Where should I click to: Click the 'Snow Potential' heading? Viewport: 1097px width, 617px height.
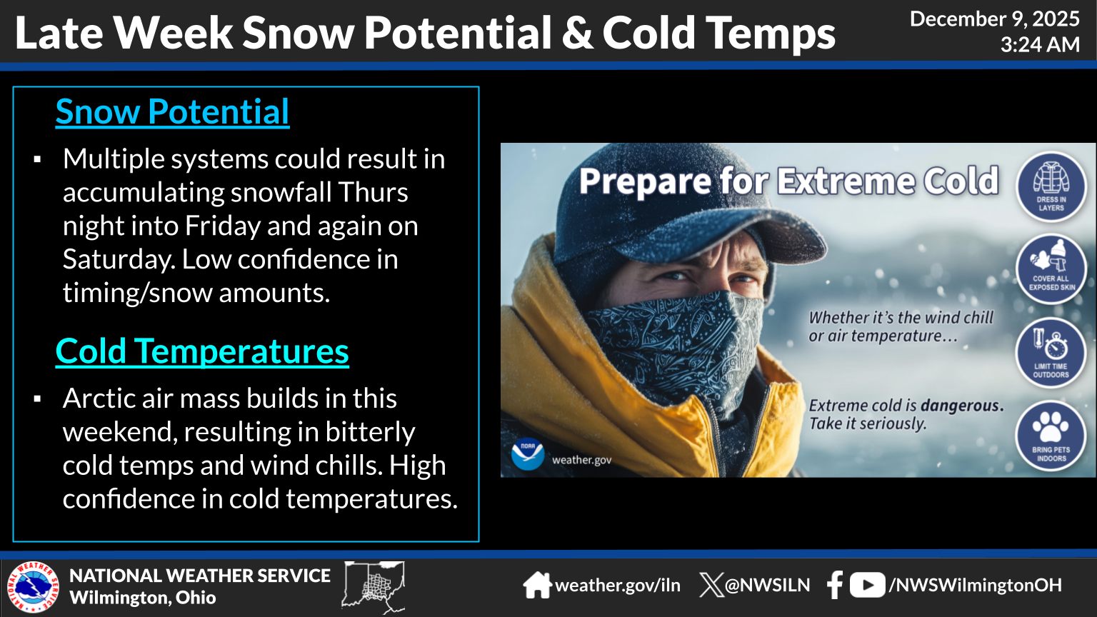(x=172, y=112)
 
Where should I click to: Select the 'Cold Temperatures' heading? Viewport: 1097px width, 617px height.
(x=202, y=351)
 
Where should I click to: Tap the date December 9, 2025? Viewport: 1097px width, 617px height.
(x=995, y=19)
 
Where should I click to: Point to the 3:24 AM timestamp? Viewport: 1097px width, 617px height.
(x=1040, y=45)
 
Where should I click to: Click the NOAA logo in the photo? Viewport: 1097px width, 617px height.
(x=528, y=454)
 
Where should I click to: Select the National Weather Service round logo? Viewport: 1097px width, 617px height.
(x=34, y=587)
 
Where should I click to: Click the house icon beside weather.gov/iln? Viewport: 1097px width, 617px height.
(x=537, y=585)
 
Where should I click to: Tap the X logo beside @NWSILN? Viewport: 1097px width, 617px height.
(x=711, y=585)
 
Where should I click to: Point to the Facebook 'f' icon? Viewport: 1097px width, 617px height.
(x=834, y=585)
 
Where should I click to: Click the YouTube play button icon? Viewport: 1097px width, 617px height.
(x=867, y=585)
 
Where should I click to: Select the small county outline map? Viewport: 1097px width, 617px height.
(x=374, y=587)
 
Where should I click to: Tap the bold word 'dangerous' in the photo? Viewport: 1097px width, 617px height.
(x=962, y=406)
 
